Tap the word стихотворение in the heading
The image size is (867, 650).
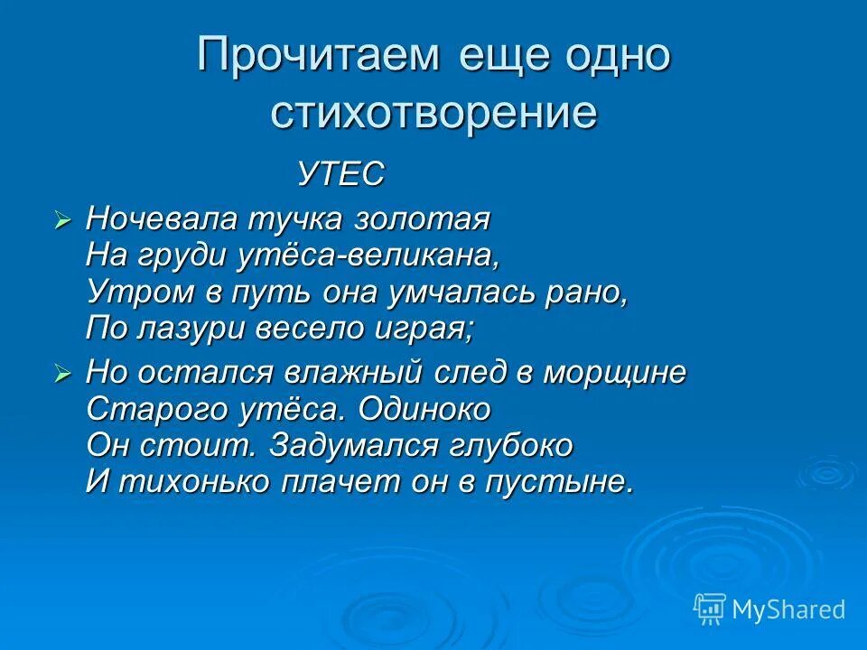tap(433, 114)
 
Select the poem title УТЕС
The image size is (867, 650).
tap(341, 173)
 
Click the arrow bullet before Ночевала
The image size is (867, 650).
tap(61, 219)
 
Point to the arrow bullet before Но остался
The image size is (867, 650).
tap(61, 374)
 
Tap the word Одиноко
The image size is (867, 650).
tap(424, 410)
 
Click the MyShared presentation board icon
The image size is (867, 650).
tap(709, 608)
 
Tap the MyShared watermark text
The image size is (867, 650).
tap(788, 609)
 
